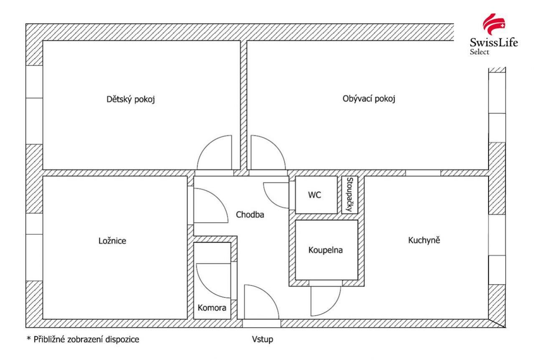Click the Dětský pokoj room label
coord(131,99)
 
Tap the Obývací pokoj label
coord(369,99)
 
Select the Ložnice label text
coord(112,241)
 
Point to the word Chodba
coord(250,215)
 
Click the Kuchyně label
coord(424,240)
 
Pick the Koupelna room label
coord(325,250)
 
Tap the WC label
coord(314,195)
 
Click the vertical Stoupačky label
coord(349,195)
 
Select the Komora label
coord(212,308)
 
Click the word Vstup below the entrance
coord(263,340)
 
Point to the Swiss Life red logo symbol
coord(494,25)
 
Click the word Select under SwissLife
coord(479,52)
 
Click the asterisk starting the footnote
coord(29,338)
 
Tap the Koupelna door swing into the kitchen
coord(332,307)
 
